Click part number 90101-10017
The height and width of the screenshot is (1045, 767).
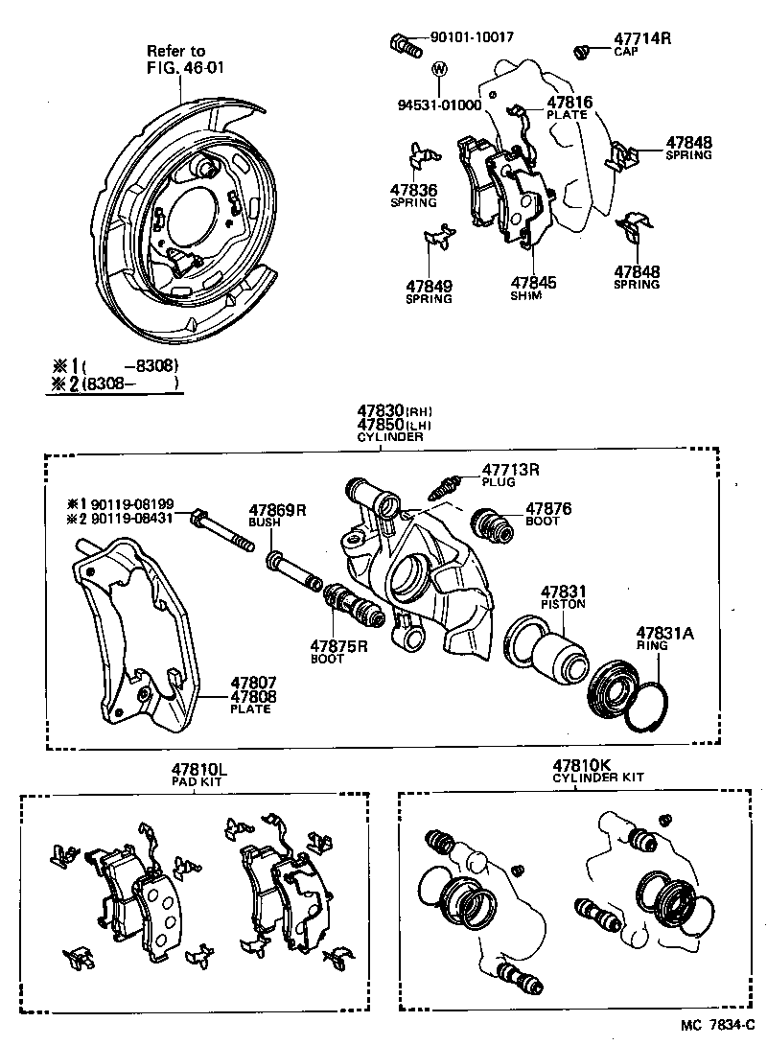[x=472, y=37]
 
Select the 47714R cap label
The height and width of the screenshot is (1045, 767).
[x=642, y=38]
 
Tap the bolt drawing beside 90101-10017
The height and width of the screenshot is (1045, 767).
[x=407, y=42]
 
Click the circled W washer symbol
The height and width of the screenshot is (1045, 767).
[x=439, y=69]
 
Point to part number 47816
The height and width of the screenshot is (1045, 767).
[x=569, y=102]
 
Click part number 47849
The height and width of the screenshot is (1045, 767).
[x=429, y=286]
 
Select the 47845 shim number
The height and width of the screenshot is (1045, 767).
[x=533, y=283]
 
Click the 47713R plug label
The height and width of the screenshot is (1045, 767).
[x=511, y=470]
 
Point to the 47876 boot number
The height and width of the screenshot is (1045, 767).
[x=548, y=509]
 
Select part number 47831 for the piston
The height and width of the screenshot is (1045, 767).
[x=562, y=592]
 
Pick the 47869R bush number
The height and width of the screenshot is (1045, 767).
[x=277, y=510]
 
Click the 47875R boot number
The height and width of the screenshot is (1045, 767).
[x=338, y=646]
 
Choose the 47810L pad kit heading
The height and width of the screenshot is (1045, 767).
[x=199, y=769]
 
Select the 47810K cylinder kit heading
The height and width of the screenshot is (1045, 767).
[x=580, y=765]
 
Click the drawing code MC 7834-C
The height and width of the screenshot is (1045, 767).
[x=719, y=1026]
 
